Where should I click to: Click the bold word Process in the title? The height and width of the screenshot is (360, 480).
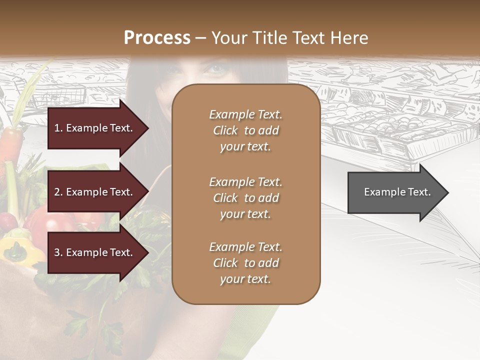[157, 38]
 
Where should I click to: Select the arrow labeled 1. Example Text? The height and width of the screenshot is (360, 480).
[95, 128]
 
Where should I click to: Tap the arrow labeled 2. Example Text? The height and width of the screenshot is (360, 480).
[95, 192]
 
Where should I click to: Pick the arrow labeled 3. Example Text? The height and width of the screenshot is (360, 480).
[95, 252]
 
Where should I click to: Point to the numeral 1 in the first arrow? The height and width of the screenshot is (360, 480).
[56, 128]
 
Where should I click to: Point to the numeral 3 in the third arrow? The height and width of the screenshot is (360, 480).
[57, 252]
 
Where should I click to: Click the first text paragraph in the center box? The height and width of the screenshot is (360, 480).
[245, 130]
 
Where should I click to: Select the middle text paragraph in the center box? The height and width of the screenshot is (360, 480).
[245, 197]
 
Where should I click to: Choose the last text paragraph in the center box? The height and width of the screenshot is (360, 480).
[245, 263]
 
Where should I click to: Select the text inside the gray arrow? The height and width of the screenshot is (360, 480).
[397, 192]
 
